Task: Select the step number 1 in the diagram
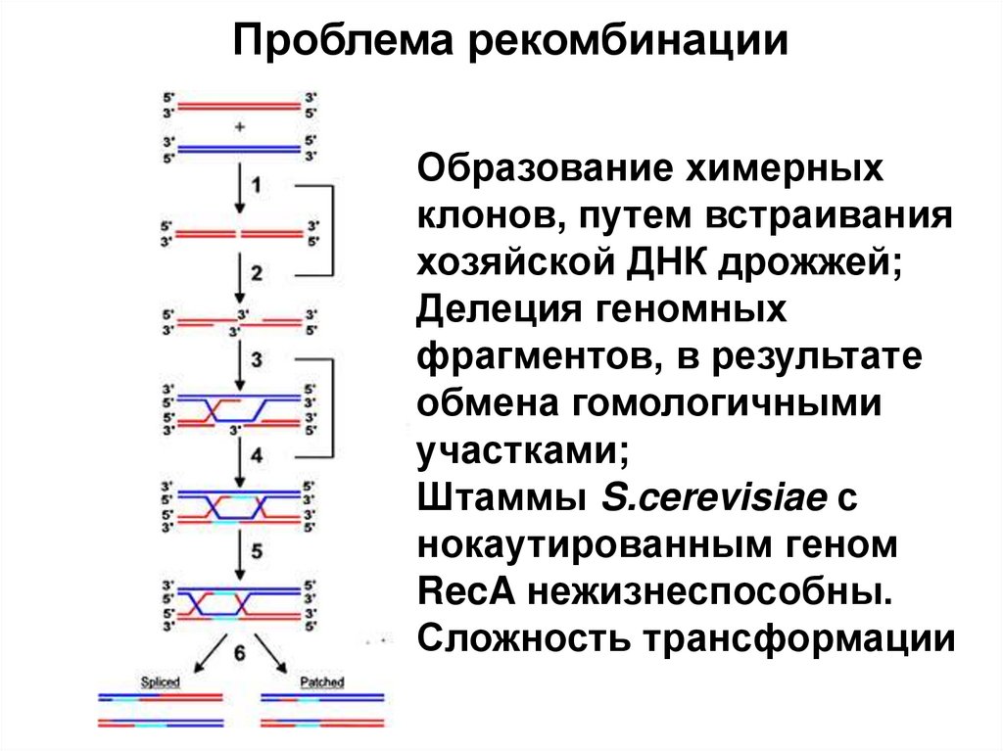click(256, 185)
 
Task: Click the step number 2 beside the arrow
click(256, 274)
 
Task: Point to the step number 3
click(256, 360)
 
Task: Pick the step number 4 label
click(256, 455)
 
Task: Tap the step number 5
click(256, 551)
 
